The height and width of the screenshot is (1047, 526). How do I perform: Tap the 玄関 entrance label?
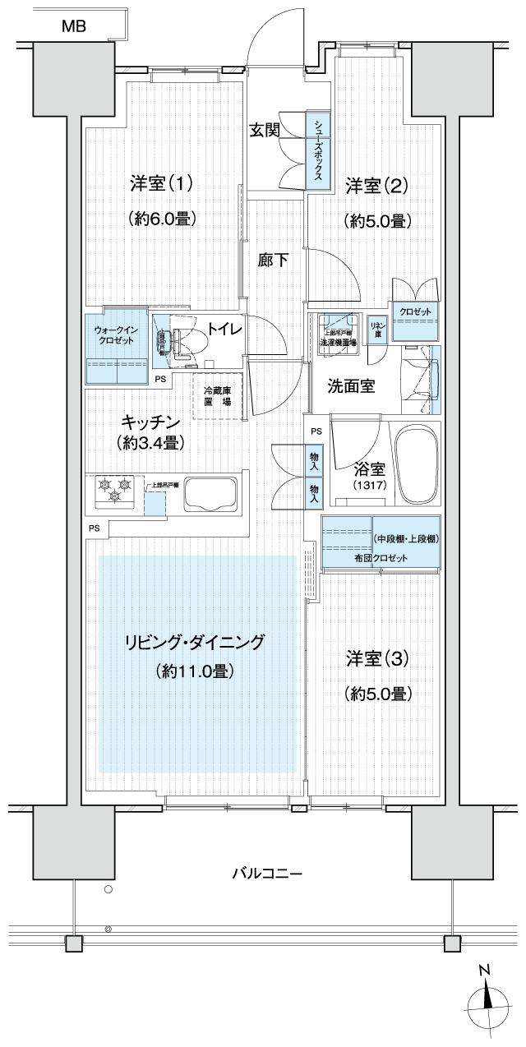pos(265,130)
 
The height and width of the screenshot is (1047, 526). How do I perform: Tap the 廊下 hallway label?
pos(273,261)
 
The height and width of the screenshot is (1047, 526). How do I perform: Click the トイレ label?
pos(224,329)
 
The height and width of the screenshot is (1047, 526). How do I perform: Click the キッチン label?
pos(150,422)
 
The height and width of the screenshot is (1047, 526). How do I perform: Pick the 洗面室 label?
pos(351,385)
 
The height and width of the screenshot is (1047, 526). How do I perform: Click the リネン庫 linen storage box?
pos(377,329)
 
